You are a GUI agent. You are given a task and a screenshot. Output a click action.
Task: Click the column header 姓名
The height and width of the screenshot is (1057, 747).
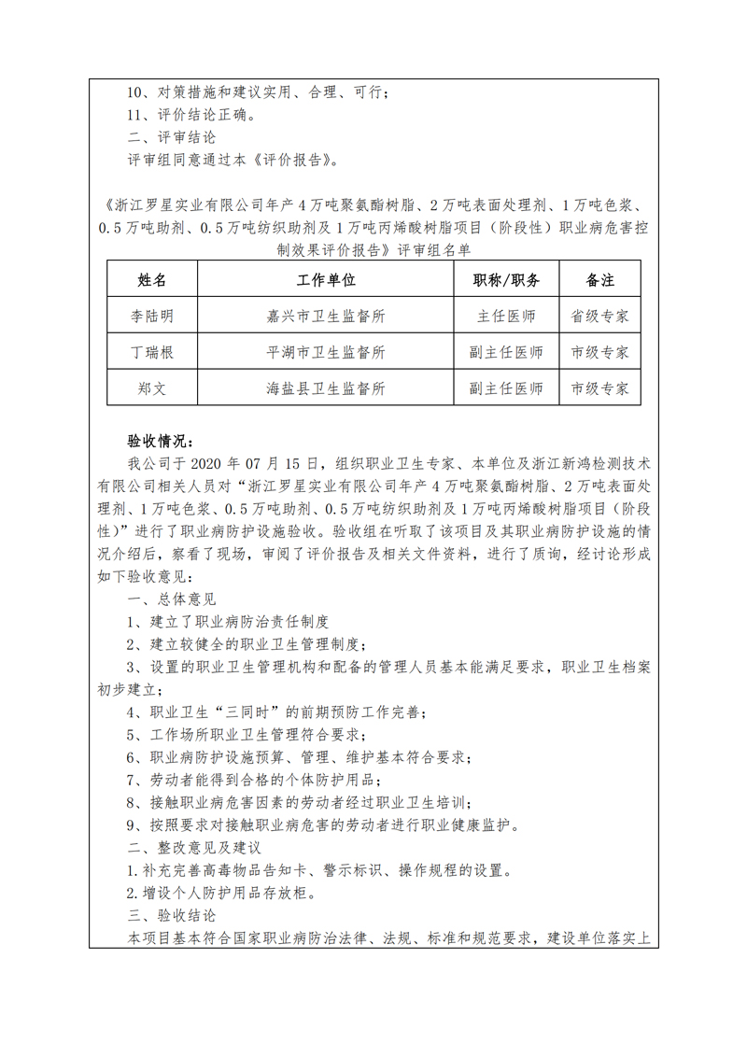(151, 280)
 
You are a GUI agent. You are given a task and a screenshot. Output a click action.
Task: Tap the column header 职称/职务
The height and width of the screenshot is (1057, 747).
(506, 280)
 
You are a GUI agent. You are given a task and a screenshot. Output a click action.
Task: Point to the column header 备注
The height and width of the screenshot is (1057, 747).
(599, 280)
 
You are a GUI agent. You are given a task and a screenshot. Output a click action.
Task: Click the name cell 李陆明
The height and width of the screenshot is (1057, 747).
(151, 316)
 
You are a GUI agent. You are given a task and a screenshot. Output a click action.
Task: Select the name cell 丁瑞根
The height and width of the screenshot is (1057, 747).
(151, 352)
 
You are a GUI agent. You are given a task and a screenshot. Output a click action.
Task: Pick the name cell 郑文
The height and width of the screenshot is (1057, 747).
(151, 388)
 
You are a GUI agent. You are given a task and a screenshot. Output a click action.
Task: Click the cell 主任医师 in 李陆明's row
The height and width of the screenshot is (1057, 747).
(506, 316)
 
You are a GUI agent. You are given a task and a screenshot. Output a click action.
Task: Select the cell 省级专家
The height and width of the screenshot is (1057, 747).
(599, 316)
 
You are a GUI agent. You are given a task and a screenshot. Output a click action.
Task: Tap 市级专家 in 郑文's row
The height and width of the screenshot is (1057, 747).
(599, 388)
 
